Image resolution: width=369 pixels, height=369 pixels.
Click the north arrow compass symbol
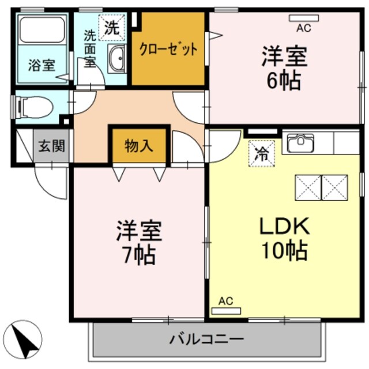24,340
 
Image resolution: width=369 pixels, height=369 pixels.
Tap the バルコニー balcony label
206,338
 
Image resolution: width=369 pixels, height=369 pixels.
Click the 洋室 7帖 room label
138,242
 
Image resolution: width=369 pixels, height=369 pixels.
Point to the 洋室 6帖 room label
283,68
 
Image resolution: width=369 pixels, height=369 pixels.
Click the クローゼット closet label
168,49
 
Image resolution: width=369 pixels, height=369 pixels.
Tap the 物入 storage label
139,146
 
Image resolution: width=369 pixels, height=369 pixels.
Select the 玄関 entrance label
52,146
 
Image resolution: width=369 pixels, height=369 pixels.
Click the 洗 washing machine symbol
112,27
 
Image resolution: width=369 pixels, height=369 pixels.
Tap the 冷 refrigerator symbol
262,154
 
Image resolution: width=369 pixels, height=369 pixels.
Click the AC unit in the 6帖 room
304,18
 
